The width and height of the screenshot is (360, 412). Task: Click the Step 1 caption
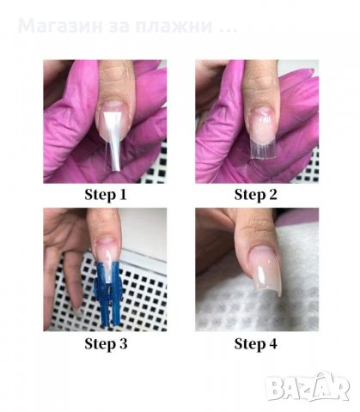pyautogui.click(x=106, y=195)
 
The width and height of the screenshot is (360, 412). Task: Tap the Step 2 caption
pyautogui.click(x=256, y=195)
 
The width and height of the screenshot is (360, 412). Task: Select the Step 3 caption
pyautogui.click(x=106, y=343)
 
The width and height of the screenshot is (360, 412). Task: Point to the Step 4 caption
pyautogui.click(x=256, y=343)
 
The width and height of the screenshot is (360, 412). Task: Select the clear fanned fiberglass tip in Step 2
pyautogui.click(x=260, y=148)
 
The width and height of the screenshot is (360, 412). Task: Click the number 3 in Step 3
pyautogui.click(x=123, y=343)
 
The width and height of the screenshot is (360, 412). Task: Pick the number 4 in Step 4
pyautogui.click(x=273, y=343)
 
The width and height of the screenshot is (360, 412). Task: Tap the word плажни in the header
pyautogui.click(x=174, y=26)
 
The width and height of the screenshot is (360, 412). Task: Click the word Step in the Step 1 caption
pyautogui.click(x=98, y=196)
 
